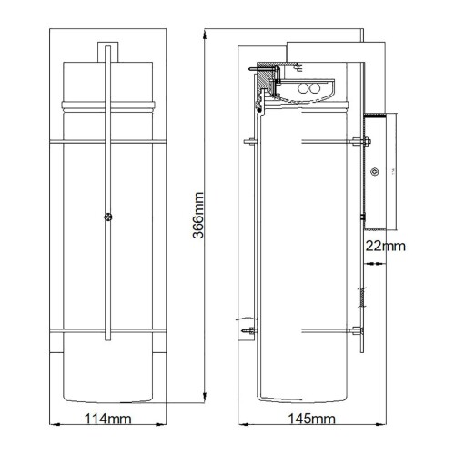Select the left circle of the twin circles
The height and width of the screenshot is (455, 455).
point(303,89)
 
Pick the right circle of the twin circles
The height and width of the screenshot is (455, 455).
point(316,89)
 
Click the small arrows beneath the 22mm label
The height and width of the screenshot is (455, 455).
point(373,262)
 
